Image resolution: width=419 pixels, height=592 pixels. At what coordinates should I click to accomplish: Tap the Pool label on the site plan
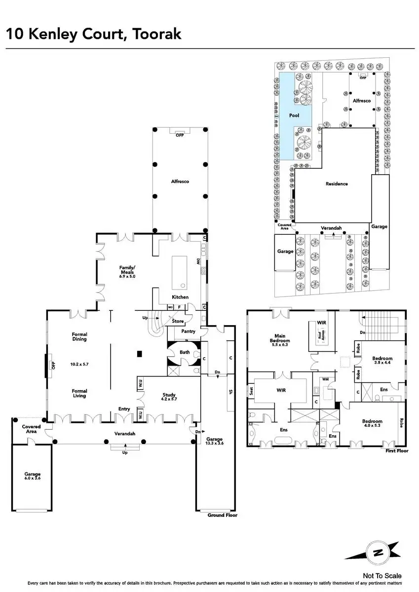coord(294,115)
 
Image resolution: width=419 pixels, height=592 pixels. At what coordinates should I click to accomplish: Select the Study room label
coord(170,394)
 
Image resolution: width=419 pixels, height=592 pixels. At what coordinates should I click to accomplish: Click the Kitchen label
coord(180,297)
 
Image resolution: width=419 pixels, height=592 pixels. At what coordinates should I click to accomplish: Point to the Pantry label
coord(188,332)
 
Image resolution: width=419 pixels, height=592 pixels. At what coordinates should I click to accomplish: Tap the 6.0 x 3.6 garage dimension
coord(33,479)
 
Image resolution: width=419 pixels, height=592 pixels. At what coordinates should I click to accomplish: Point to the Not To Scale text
coord(382,576)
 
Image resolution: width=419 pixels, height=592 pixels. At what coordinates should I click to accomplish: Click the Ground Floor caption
coord(222,515)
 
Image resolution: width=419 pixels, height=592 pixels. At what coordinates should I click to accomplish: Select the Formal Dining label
coord(79,336)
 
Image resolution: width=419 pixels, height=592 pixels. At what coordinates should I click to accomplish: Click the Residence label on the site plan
coord(337,184)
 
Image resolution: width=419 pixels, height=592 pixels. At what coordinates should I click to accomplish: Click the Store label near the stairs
coord(178,321)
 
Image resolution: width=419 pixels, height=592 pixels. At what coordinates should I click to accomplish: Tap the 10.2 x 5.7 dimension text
coord(79,364)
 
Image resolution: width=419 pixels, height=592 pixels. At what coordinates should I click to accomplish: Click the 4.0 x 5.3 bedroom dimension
coord(374,425)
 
